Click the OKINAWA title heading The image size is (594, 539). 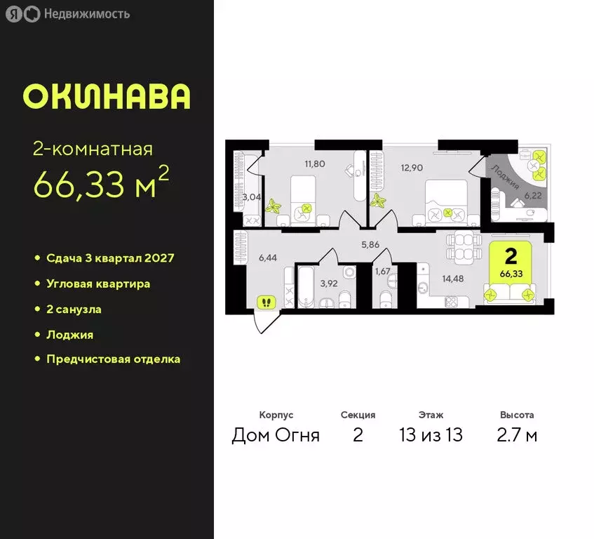pos(107,97)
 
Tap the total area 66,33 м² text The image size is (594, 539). pos(102,185)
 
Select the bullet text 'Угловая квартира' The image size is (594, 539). pos(98,284)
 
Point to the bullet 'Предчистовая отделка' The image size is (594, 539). pos(113,359)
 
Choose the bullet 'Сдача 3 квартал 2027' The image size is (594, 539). pos(110,258)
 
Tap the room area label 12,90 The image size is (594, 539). pos(412,167)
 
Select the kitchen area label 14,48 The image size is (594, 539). pos(454,277)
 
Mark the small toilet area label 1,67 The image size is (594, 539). pos(382,271)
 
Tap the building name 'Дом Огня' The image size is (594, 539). pos(276,435)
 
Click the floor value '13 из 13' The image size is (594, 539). pos(431,435)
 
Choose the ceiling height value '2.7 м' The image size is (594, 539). pos(517,435)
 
